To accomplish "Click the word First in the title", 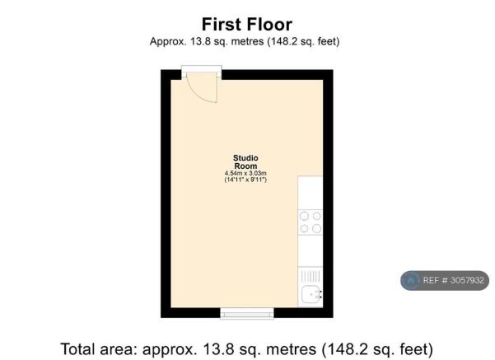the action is coord(222,25).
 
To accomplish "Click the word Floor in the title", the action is coord(269,25).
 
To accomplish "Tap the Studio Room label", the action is coord(245,162).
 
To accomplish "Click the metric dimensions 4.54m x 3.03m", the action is coord(245,173).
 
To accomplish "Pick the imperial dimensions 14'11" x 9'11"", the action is coord(245,180).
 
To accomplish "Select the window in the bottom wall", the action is coord(247,313).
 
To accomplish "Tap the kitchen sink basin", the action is coord(310,295).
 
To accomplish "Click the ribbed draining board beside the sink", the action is coord(310,277).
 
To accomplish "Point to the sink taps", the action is coord(320,294).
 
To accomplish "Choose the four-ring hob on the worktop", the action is coord(311,222).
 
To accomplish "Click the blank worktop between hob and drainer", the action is coord(311,251).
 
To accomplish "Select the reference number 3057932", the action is coord(467,280).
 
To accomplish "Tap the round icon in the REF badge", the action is coord(411,280).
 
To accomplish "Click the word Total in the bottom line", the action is coord(77,349).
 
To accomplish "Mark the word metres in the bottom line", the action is coord(291,350).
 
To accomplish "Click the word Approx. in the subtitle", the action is coord(168,42).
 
